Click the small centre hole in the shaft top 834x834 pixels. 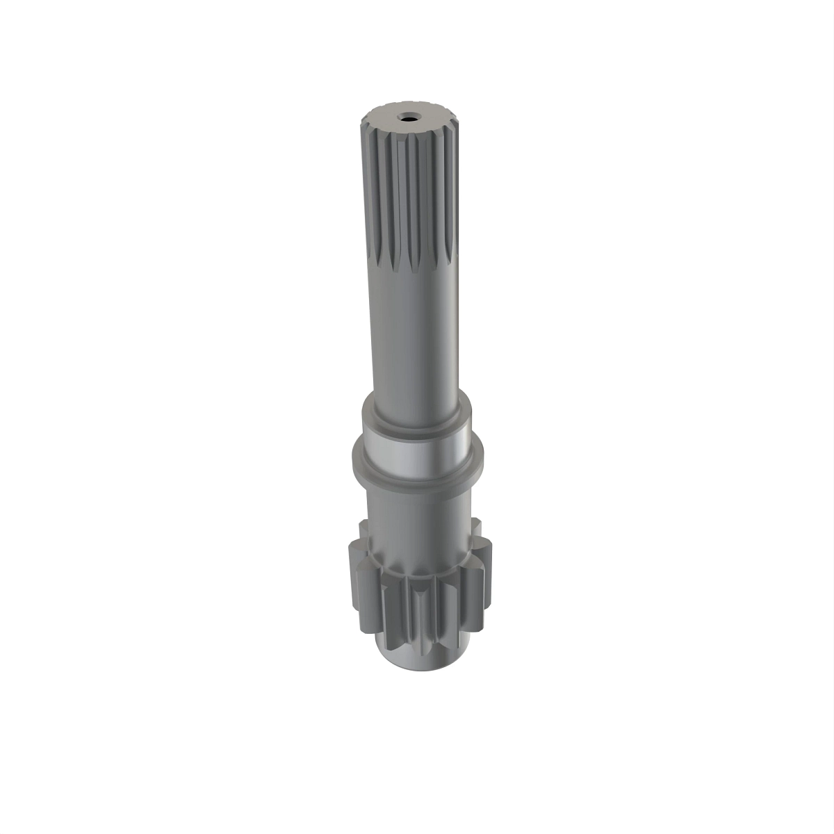point(407,118)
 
